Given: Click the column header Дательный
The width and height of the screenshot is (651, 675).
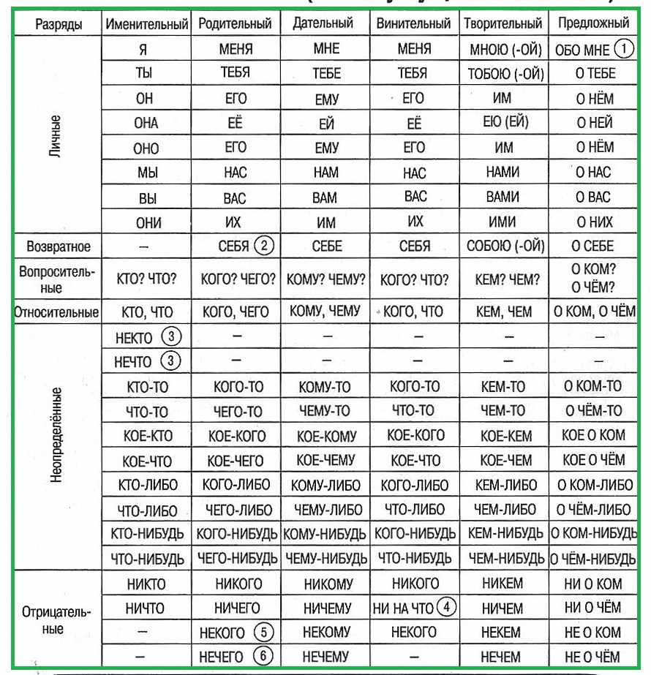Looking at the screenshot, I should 325,23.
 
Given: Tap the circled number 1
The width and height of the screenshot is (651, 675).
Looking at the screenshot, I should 622,48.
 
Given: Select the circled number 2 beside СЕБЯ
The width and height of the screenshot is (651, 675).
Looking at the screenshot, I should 264,246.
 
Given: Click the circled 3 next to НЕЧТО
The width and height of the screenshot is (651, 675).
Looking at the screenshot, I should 170,361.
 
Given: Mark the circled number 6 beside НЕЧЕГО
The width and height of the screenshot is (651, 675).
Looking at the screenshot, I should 263,656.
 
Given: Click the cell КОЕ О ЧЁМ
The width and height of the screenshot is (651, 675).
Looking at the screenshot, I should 593,460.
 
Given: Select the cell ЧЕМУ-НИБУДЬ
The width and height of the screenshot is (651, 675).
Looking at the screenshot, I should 325,559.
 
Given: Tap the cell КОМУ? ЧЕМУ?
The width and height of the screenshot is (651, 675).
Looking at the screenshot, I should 325,279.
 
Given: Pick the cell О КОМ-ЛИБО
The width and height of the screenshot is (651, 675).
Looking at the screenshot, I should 593,484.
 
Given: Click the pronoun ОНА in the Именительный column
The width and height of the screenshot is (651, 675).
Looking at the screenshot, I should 146,123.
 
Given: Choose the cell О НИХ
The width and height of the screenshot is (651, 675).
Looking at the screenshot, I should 593,222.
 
